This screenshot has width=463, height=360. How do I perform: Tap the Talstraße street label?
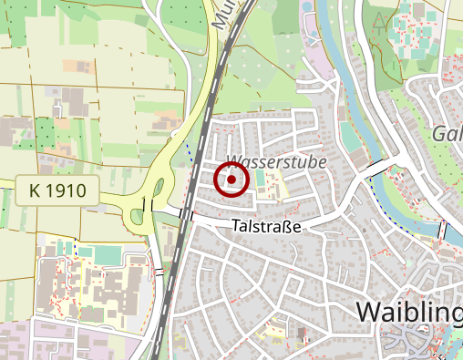[x=266, y=225]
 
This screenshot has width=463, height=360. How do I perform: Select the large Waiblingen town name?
[x=408, y=312]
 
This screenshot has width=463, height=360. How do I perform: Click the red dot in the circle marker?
[x=231, y=180]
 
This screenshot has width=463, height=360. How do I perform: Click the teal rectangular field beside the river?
[x=350, y=138]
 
